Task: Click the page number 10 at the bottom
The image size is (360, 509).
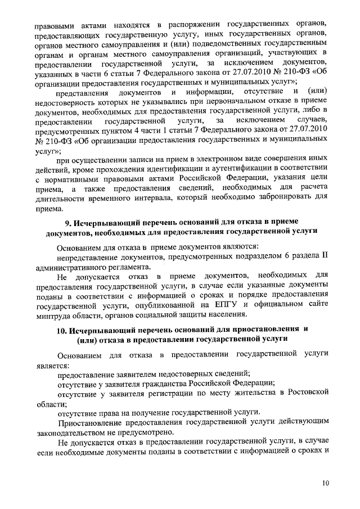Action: click(327, 483)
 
